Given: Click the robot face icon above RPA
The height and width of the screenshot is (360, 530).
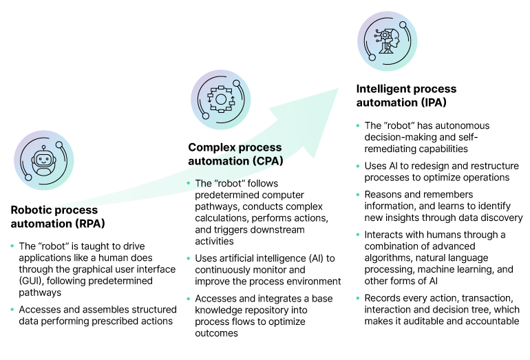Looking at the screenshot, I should click(x=44, y=161).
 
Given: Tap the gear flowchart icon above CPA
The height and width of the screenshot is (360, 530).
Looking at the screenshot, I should click(x=221, y=99).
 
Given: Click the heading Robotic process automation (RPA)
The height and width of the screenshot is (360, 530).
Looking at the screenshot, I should click(x=54, y=216).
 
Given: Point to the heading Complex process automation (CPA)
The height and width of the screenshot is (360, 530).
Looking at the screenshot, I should click(x=235, y=154).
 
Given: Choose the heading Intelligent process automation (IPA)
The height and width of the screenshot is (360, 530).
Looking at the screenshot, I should click(x=406, y=96).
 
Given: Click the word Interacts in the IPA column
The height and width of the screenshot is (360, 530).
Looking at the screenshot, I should click(x=385, y=235).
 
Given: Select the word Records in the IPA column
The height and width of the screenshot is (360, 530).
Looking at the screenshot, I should click(x=383, y=298).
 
